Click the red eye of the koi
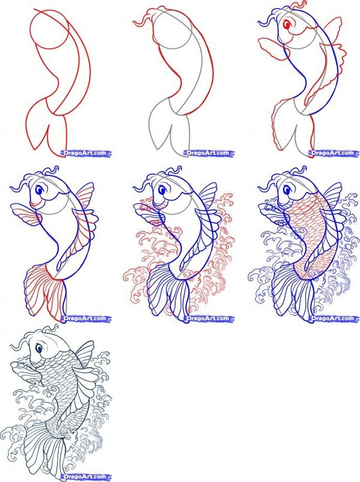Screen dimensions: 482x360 (288, 26)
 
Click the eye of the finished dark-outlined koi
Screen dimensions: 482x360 (38, 348)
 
